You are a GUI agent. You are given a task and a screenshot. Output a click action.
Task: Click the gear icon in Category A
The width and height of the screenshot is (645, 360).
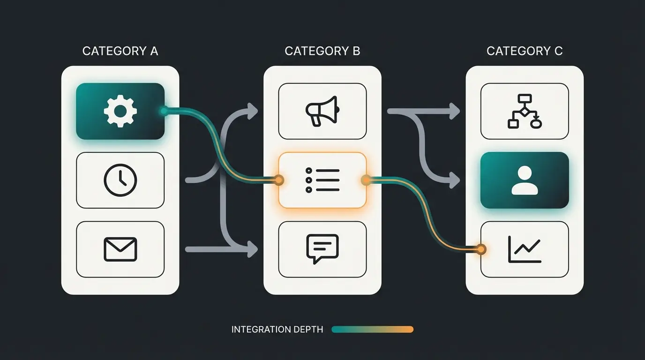(120, 111)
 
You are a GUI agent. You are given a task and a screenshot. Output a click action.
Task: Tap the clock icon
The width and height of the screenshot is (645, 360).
(120, 180)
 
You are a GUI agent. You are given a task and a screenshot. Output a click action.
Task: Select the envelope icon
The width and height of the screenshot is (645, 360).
(120, 249)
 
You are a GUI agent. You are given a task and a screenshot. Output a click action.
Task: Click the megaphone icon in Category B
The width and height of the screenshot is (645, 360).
(322, 111)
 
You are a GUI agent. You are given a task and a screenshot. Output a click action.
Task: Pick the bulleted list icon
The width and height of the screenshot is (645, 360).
(322, 180)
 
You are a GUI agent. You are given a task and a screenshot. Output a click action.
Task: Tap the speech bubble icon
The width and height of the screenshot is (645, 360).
(322, 248)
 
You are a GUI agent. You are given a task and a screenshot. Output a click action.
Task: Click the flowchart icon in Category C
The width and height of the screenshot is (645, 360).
(525, 111)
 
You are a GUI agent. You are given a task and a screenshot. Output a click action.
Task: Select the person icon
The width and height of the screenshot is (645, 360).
(525, 180)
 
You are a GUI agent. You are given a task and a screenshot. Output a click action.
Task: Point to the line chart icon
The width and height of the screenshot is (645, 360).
(525, 249)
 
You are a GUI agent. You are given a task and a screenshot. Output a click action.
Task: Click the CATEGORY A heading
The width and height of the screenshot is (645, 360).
(120, 51)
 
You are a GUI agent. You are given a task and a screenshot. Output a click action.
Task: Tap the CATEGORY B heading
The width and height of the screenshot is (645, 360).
(322, 51)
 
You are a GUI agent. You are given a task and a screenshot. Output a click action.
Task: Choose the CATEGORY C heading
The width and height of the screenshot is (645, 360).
(525, 51)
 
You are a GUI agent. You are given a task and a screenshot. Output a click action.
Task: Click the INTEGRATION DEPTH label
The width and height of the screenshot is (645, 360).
(277, 330)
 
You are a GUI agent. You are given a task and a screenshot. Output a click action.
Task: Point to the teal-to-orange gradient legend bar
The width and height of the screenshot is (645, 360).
(372, 330)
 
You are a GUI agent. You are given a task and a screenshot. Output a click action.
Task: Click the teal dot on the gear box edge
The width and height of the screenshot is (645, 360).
(164, 111)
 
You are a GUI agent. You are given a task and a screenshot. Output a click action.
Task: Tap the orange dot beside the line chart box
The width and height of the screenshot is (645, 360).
(480, 249)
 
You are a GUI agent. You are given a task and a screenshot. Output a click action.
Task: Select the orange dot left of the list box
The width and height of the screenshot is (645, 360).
(279, 179)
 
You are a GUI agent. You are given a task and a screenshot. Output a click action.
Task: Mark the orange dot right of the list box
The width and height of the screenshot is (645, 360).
(365, 179)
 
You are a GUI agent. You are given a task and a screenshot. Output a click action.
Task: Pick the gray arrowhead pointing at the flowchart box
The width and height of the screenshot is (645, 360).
(455, 111)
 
